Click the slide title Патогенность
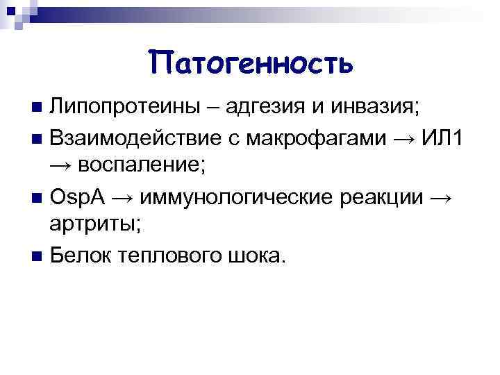coord(251,63)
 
